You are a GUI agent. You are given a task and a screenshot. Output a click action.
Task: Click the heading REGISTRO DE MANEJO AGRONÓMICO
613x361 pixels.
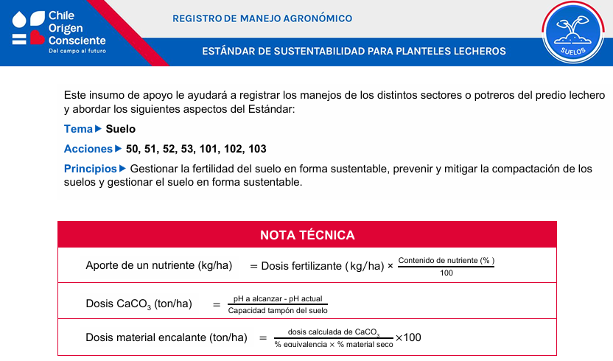(262, 18)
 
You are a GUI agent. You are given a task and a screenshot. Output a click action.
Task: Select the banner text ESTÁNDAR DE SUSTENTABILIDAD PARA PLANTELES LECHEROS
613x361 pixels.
(354, 52)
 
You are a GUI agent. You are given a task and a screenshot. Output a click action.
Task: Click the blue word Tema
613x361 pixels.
(78, 129)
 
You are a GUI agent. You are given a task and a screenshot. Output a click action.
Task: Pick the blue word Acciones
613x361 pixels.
(88, 149)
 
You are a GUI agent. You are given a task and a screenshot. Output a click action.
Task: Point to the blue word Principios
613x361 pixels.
(90, 169)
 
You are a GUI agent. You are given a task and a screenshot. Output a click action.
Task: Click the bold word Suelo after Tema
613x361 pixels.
(121, 129)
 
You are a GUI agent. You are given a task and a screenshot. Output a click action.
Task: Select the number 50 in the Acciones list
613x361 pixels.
(133, 149)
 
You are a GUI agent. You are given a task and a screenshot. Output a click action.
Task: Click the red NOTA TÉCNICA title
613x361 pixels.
(307, 235)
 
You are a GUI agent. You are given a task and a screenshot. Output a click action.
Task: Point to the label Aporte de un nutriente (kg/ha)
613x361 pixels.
(148, 265)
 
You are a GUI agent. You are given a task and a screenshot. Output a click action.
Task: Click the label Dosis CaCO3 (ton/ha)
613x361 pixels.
(139, 304)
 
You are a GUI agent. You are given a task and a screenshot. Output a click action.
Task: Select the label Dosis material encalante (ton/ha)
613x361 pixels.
(166, 337)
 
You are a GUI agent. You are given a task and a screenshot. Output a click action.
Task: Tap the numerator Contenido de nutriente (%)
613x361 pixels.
(446, 261)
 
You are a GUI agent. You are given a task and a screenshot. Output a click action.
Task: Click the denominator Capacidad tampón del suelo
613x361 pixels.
(278, 311)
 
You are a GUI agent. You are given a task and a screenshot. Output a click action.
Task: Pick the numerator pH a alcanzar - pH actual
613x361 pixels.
(278, 299)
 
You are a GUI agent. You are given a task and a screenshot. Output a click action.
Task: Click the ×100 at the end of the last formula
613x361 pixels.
(408, 337)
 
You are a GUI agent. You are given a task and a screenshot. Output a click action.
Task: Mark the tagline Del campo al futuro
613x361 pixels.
(77, 52)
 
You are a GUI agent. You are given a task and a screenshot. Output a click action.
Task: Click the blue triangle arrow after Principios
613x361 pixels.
(123, 169)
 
